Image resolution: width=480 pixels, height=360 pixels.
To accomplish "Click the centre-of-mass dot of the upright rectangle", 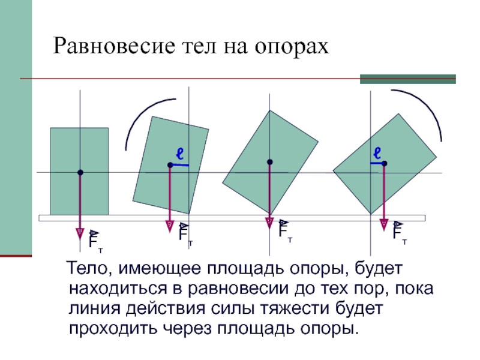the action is point(80,173).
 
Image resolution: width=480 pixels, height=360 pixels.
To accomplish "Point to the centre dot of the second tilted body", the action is point(170,164).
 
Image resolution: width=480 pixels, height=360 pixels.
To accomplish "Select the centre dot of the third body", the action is point(270,162).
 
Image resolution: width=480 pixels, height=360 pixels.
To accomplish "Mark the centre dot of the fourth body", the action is point(384,163).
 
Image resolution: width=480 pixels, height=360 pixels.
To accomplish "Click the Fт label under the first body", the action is point(95,240).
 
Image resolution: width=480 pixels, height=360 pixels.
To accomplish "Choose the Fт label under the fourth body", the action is point(399,232).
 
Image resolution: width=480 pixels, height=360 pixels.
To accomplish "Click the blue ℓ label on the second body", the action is point(179,152).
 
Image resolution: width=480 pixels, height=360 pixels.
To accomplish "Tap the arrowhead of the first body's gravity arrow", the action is point(80,233).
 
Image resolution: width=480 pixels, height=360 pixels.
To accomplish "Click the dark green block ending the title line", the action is point(407,79).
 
